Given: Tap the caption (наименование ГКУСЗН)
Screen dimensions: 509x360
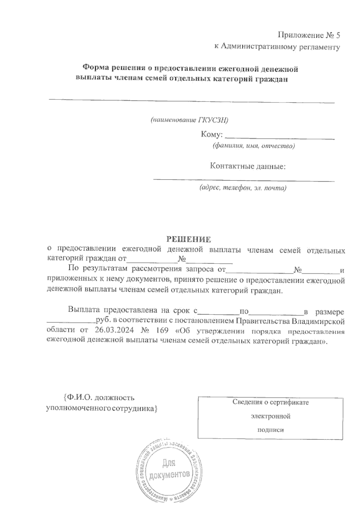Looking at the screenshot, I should click(189, 120).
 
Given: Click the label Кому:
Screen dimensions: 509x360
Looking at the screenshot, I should click(211, 135).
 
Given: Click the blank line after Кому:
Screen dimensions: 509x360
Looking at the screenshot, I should click(280, 138).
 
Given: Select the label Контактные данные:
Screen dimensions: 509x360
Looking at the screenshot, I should click(247, 166).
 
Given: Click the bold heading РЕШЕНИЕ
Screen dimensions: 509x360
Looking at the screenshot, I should click(189, 239).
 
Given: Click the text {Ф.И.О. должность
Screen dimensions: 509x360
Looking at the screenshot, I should click(99, 398).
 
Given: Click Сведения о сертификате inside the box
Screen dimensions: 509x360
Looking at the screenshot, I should click(271, 402).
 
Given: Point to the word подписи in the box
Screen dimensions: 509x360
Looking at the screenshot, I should click(271, 430).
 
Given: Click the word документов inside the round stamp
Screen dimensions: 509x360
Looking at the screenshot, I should click(169, 475).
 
